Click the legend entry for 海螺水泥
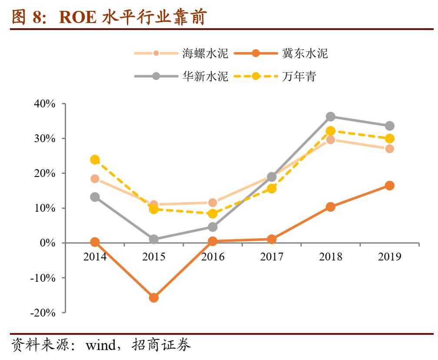[x=205, y=53]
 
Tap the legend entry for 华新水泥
[x=205, y=76]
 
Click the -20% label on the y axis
[x=44, y=312]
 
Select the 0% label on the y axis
[x=48, y=243]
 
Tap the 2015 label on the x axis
[x=154, y=257]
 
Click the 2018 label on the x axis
[x=331, y=257]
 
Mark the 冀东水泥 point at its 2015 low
[x=154, y=298]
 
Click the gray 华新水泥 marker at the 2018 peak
[x=331, y=117]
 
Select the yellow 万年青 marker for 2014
[x=95, y=160]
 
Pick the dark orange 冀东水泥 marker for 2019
[x=390, y=186]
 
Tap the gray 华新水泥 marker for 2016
[x=212, y=227]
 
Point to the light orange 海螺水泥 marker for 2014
[x=95, y=179]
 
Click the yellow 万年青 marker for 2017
[x=272, y=188]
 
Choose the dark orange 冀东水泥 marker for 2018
[x=331, y=207]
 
